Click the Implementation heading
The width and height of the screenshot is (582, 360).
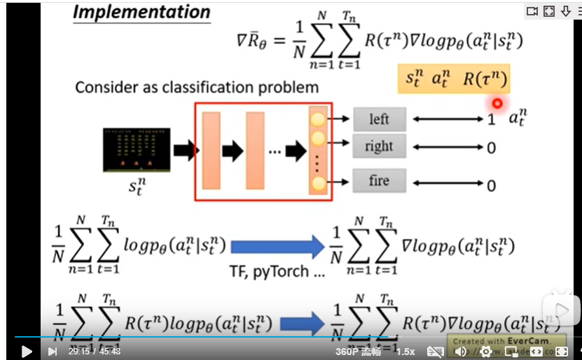point(141,13)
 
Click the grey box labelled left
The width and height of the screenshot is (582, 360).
point(379,119)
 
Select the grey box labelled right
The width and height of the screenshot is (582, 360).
point(379,147)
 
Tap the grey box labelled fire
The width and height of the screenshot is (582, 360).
point(379,181)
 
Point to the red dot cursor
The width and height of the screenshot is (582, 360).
point(497,103)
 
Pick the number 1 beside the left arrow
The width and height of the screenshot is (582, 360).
point(491,120)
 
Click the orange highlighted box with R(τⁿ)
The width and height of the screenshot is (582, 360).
point(453,79)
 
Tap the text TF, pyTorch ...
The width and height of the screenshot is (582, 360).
point(277,271)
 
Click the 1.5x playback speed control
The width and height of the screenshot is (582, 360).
point(406,352)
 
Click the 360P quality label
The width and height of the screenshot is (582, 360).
point(357,352)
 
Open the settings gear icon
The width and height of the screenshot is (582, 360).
point(485,352)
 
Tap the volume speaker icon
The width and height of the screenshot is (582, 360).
point(461,352)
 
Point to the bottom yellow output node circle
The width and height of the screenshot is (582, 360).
point(318,184)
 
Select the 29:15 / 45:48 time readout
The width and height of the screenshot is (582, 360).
point(94,352)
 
